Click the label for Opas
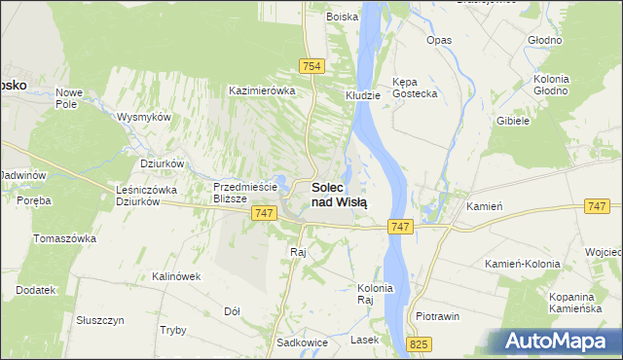439,41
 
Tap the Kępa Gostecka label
414,88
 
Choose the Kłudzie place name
362,96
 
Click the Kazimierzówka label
261,90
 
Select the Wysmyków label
143,116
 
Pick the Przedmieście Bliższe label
245,193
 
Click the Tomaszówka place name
64,238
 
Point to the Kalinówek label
175,276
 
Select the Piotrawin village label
437,317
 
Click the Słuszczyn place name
99,319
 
